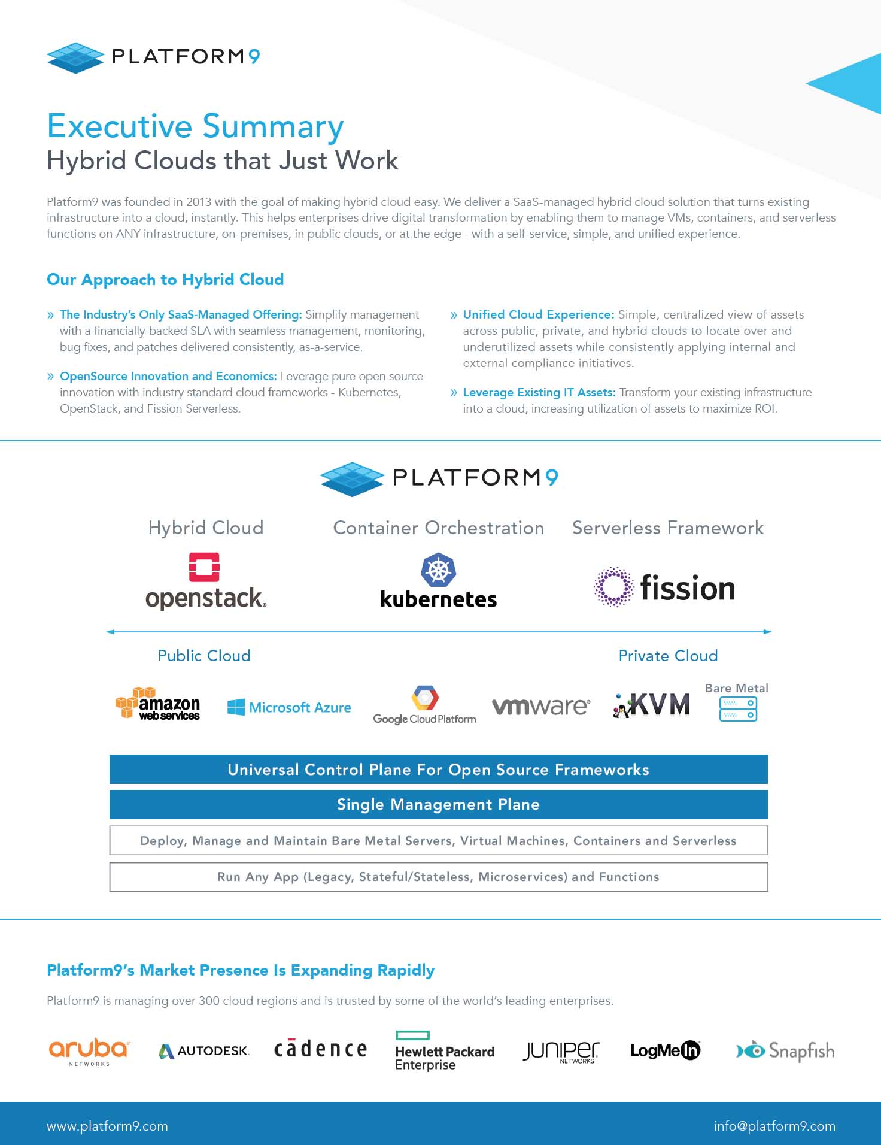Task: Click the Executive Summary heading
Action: tap(195, 126)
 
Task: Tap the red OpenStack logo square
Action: tap(204, 567)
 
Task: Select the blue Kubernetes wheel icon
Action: tap(439, 570)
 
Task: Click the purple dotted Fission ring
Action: tap(613, 587)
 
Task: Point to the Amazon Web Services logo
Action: tap(158, 704)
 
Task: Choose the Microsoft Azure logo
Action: tap(289, 707)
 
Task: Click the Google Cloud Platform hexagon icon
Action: tap(425, 698)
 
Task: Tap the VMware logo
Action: tap(540, 707)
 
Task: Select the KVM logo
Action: tap(651, 705)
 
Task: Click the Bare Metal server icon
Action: tap(738, 709)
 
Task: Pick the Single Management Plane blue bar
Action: tap(439, 804)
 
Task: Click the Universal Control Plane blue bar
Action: tap(439, 770)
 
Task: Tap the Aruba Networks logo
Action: tap(89, 1052)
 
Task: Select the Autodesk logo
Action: tap(204, 1051)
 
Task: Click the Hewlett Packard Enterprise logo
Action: tap(445, 1051)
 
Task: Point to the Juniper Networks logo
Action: tap(561, 1052)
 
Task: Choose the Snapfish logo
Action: tap(785, 1051)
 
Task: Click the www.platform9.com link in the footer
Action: tap(107, 1126)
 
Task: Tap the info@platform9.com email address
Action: tap(774, 1126)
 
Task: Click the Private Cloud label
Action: tap(668, 656)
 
